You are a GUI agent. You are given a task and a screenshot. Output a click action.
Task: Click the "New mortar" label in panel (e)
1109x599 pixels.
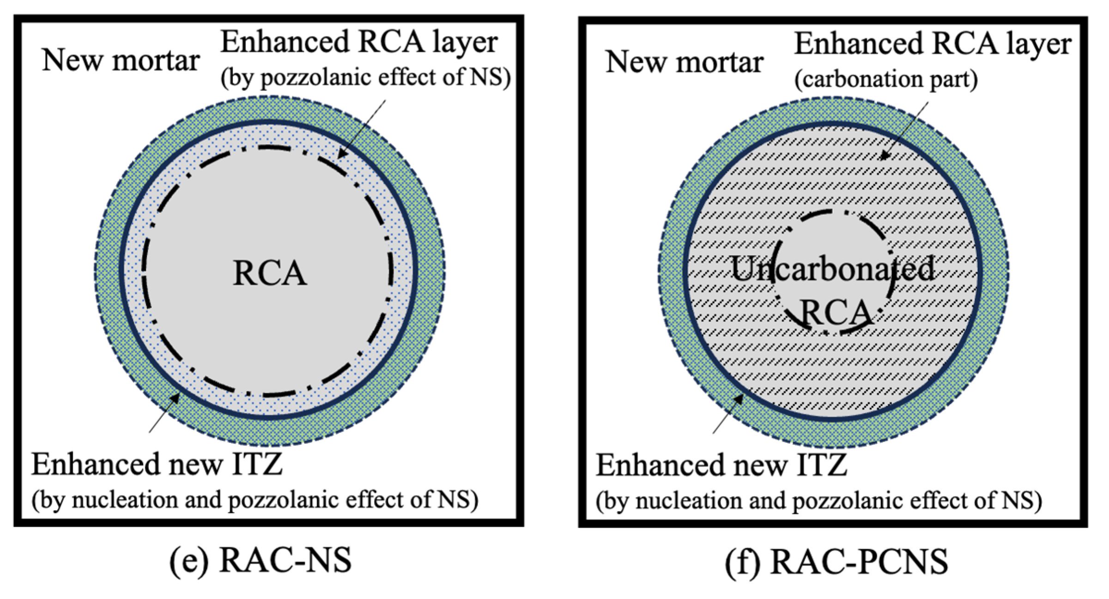pos(121,61)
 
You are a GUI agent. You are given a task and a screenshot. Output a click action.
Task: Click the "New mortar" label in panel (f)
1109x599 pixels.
pos(684,62)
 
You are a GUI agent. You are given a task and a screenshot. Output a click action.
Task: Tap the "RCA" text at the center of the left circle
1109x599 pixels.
pos(270,273)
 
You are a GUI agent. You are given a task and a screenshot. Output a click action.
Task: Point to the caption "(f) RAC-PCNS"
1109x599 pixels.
pos(836,562)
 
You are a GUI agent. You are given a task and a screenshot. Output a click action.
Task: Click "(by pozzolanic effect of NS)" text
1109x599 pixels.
pos(365,78)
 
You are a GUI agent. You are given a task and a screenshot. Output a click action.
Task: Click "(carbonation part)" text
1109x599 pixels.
pos(886,79)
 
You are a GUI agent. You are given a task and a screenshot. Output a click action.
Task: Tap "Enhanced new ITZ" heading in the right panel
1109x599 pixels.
pos(721,465)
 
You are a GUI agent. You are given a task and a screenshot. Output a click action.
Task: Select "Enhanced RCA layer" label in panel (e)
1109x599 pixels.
pos(359,42)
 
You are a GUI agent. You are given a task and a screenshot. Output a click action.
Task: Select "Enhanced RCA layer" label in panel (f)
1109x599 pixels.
pos(933,44)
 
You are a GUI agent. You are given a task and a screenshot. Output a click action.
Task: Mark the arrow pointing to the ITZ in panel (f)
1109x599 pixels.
pos(728,413)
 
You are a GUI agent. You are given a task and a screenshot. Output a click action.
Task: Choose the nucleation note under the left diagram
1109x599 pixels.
pos(255,501)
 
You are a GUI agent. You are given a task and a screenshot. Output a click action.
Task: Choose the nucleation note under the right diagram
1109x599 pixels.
pos(818,502)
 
